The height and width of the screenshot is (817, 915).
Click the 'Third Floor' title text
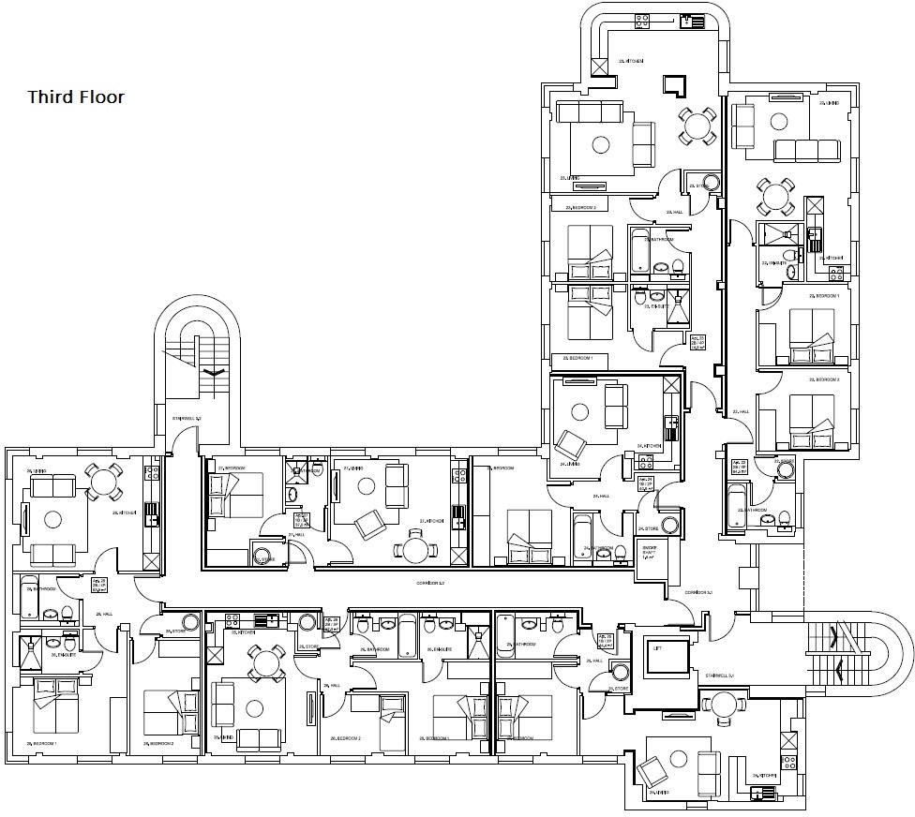(x=75, y=97)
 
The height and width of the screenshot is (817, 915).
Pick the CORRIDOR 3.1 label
(x=698, y=593)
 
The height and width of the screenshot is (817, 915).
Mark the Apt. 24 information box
(x=645, y=484)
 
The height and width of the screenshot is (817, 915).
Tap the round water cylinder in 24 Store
(x=669, y=526)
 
